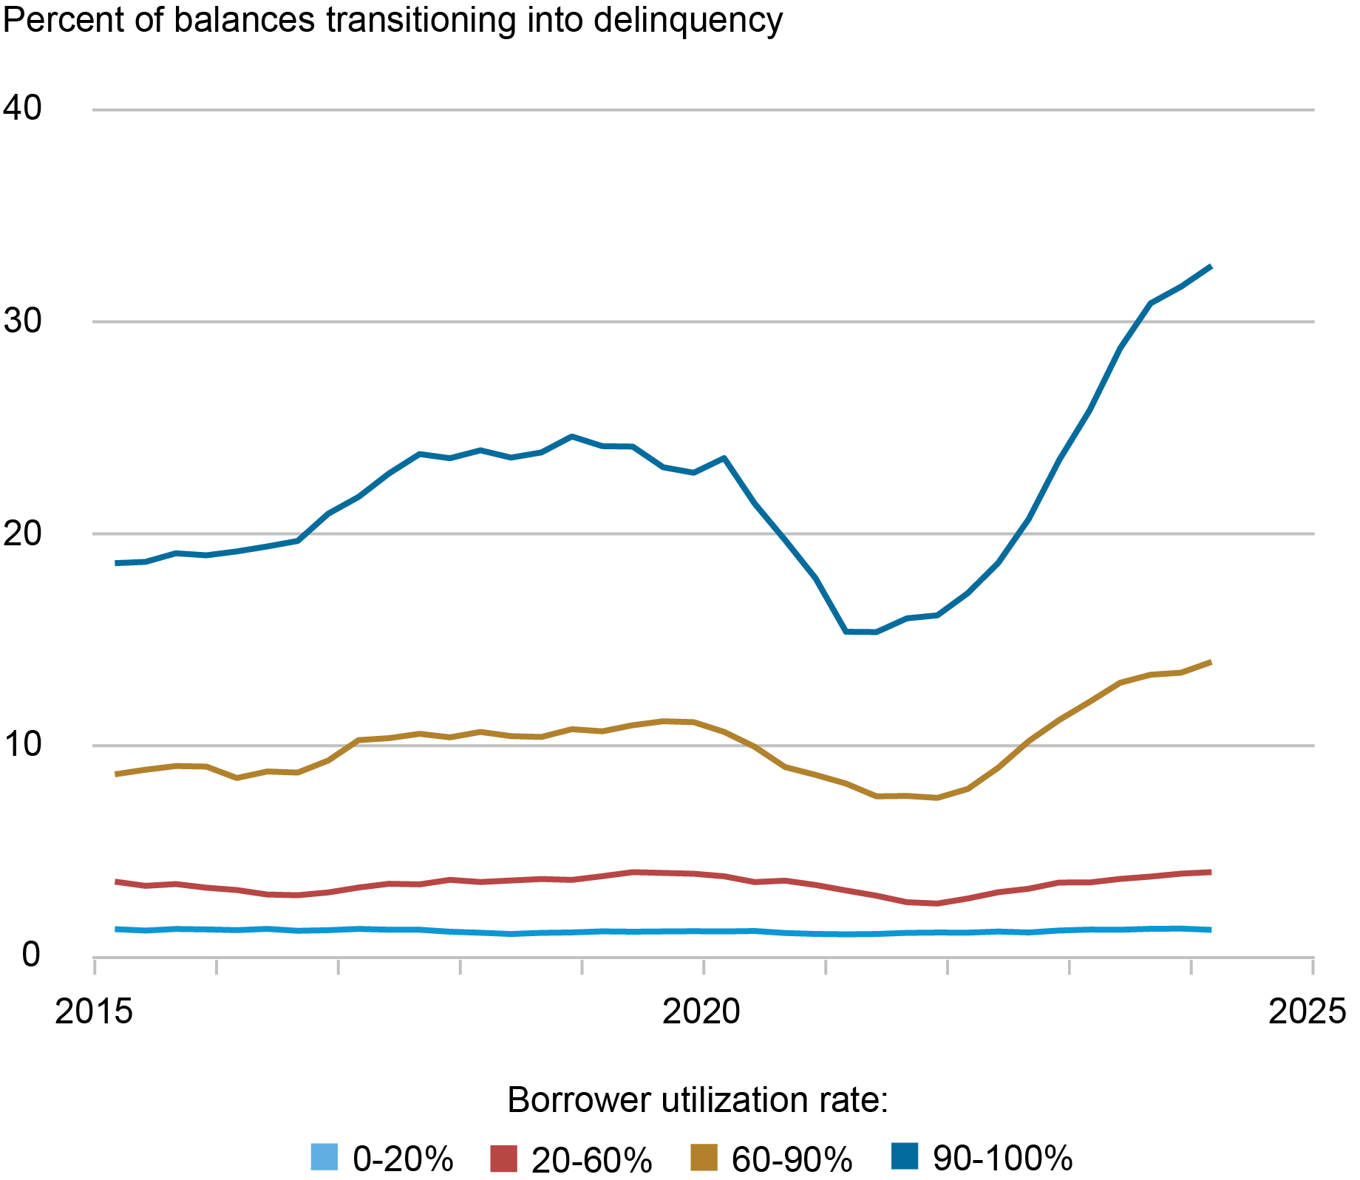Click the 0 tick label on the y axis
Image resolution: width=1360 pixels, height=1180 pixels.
click(31, 955)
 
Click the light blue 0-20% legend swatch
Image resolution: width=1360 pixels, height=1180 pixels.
click(324, 1156)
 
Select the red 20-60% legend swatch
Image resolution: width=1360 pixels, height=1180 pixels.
click(503, 1158)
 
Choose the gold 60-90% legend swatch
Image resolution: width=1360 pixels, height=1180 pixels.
click(704, 1157)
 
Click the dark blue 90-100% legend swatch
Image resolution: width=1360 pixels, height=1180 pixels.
click(905, 1156)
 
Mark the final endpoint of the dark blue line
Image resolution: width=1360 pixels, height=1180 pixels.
click(1211, 267)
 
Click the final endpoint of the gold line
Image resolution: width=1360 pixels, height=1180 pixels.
click(1211, 662)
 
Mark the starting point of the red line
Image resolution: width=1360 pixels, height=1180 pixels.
click(116, 881)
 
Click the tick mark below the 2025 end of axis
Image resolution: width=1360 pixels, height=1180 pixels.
click(1313, 966)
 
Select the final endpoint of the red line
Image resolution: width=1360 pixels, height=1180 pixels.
click(1211, 872)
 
